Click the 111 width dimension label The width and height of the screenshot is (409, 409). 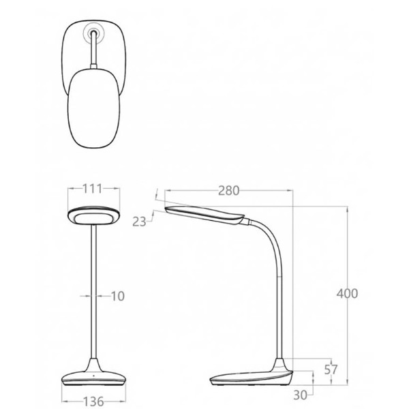[92, 189]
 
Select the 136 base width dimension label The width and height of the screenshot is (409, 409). [93, 402]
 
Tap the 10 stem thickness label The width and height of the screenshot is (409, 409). [118, 296]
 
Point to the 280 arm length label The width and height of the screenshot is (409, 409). [228, 191]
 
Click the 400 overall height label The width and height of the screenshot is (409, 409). [347, 293]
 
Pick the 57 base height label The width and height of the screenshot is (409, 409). [331, 369]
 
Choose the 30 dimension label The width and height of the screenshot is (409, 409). [300, 395]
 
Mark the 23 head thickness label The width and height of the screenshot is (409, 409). [139, 222]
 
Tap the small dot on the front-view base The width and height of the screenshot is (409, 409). [93, 376]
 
